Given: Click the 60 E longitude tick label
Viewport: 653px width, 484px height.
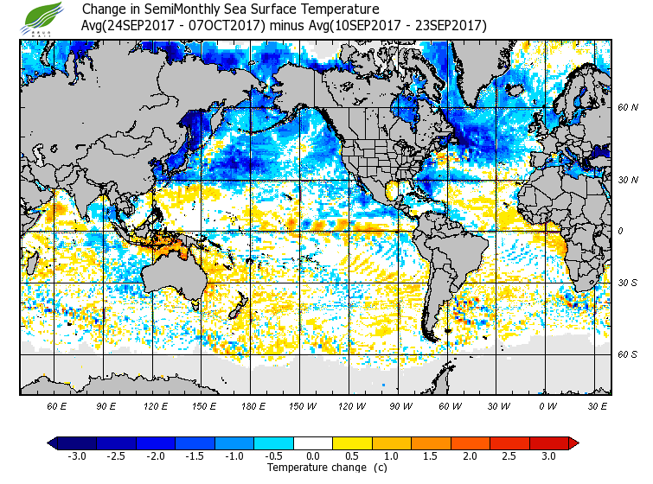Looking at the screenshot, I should (57, 405).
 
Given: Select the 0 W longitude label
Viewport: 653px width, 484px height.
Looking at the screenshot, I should (547, 405).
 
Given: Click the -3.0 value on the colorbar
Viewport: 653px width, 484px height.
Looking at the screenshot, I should (76, 456).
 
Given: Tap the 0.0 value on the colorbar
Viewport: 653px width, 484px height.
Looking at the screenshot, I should (312, 456).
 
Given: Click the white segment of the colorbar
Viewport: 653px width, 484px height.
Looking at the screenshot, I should (313, 443).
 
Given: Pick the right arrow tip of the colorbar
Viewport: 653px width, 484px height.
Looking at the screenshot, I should (574, 443).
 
